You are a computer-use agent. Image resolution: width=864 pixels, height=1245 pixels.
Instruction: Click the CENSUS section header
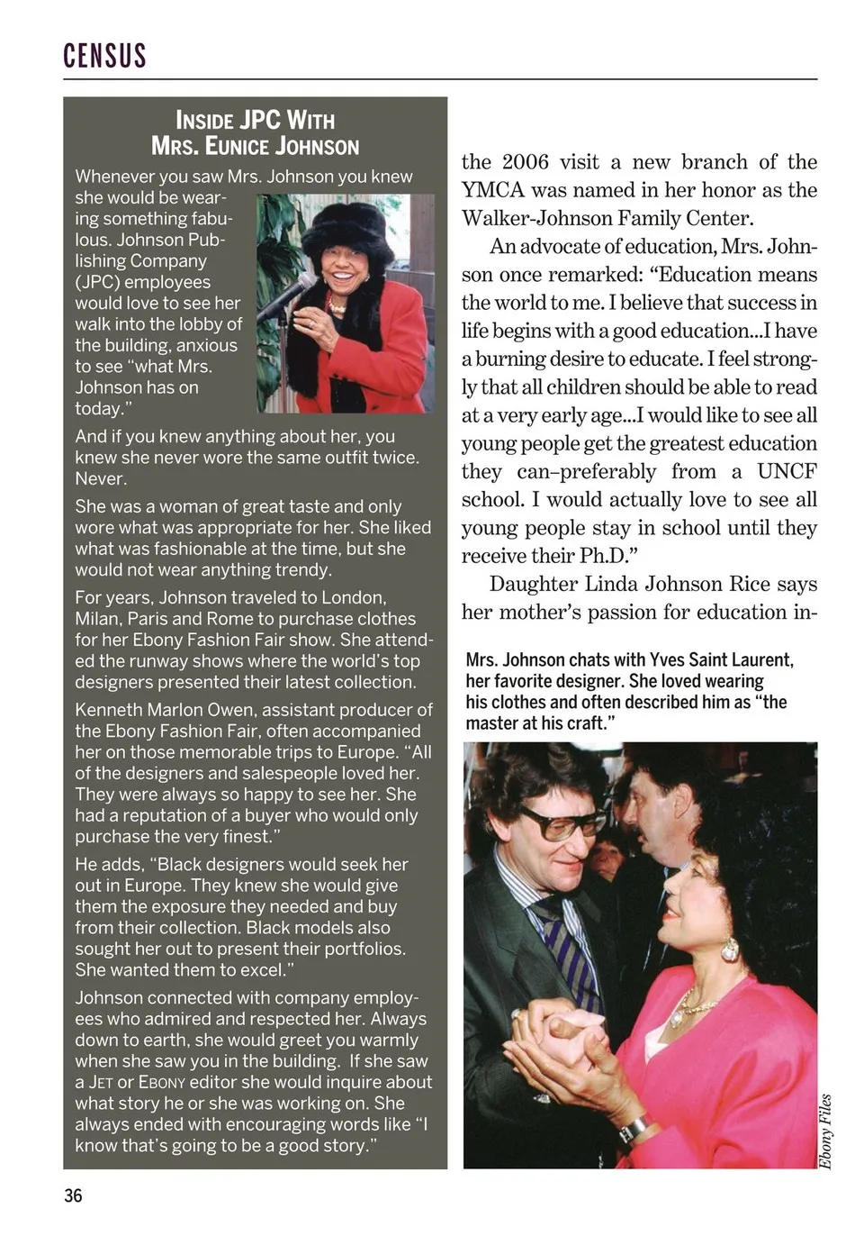pyautogui.click(x=104, y=56)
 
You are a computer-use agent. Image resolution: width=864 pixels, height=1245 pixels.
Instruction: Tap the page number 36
pyautogui.click(x=73, y=1195)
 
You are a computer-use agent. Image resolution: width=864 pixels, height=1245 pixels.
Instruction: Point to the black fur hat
pyautogui.click(x=346, y=230)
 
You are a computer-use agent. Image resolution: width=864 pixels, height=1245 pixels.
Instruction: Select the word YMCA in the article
pyautogui.click(x=492, y=190)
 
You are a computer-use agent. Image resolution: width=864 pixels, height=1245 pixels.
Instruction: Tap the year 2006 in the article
pyautogui.click(x=525, y=162)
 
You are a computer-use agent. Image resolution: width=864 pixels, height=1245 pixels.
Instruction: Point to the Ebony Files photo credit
pyautogui.click(x=825, y=1131)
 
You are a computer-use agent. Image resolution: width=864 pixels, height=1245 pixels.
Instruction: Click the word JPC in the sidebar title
pyautogui.click(x=260, y=120)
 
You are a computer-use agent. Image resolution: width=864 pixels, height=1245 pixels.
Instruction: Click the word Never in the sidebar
pyautogui.click(x=101, y=478)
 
